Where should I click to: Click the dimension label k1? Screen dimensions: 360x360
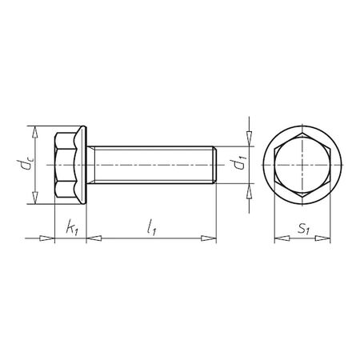pos(70,229)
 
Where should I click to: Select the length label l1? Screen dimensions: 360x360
pos(150,228)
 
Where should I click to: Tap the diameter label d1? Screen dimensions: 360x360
pos(237,166)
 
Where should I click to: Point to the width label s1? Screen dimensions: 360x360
pos(303,229)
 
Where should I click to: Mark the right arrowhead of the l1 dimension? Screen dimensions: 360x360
pos(210,238)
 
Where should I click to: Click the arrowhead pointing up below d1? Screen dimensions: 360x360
pos(248,190)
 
